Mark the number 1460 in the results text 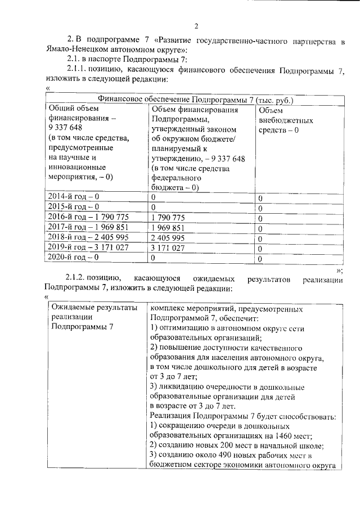point(281,435)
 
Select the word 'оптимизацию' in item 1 point(184,328)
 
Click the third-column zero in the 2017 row point(260,228)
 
